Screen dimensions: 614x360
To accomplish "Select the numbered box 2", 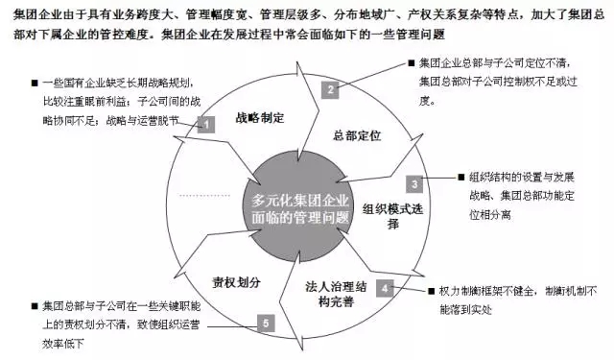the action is tap(329, 89).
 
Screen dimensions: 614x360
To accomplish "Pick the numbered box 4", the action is tap(382, 286).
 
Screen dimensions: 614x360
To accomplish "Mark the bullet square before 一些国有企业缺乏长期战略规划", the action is tap(35, 83).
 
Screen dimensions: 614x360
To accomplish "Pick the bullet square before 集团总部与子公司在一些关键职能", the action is tap(35, 304).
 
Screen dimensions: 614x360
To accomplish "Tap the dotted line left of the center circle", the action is tap(201, 196).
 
